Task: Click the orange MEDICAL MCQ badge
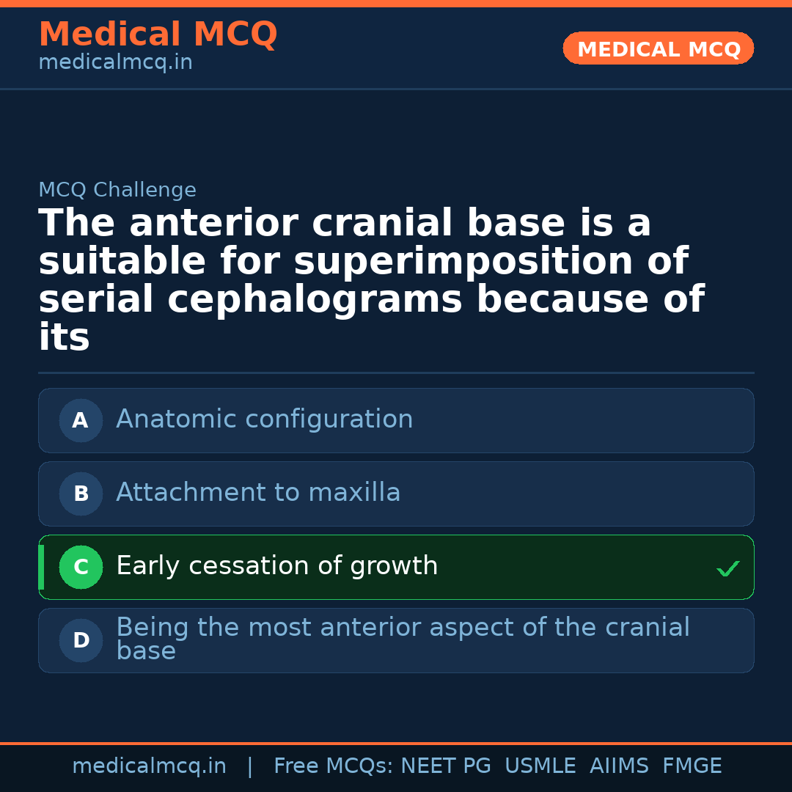[658, 48]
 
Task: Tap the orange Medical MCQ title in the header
[158, 34]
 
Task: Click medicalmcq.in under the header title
[116, 62]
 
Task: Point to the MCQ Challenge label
[117, 190]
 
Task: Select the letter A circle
[81, 420]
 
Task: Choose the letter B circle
[81, 494]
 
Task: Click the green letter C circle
[81, 567]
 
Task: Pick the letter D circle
[81, 640]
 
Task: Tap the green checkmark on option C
[728, 568]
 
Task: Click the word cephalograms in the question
[315, 299]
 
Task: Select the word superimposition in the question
[463, 261]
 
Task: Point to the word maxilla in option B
[354, 492]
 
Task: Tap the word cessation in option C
[249, 565]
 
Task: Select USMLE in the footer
[540, 766]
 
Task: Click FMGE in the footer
[692, 766]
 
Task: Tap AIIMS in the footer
[619, 766]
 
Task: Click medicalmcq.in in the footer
[149, 766]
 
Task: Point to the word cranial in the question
[382, 223]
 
